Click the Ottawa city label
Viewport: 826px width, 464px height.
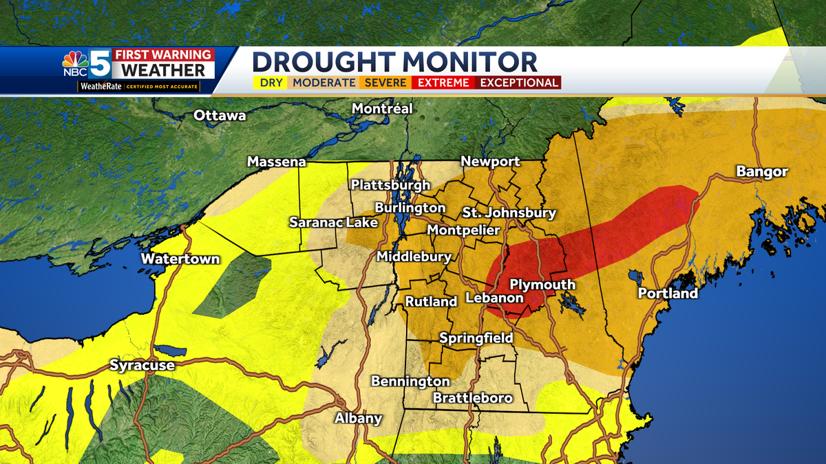click(220, 115)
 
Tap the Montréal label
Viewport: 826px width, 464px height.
click(382, 109)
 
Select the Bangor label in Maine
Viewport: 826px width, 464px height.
click(761, 172)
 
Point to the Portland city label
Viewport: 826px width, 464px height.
click(668, 294)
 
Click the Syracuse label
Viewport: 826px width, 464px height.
click(142, 366)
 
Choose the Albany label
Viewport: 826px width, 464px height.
click(358, 419)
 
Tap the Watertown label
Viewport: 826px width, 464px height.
click(180, 259)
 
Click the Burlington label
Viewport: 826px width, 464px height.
click(410, 208)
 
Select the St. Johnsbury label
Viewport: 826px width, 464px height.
click(509, 212)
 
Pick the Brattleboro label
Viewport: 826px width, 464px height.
click(472, 398)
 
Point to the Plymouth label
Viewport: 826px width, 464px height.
click(542, 285)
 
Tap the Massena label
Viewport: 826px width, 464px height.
click(276, 162)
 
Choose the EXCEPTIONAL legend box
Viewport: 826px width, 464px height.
click(518, 82)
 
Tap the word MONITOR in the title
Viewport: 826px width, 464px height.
click(458, 62)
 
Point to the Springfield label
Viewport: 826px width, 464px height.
click(476, 338)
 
